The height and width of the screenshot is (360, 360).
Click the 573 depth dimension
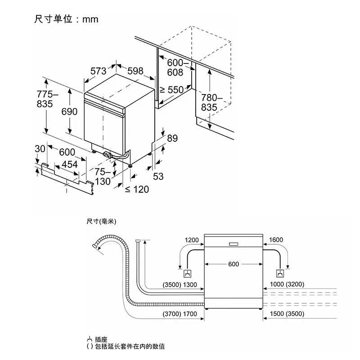[x=98, y=71]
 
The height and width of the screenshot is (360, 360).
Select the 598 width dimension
[x=135, y=71]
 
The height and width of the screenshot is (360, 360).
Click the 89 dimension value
[x=172, y=139]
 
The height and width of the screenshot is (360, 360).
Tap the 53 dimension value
[x=158, y=176]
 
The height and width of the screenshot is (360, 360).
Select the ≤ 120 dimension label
[x=136, y=189]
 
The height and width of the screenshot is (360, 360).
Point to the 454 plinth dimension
[x=69, y=164]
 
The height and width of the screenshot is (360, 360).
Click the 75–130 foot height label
[x=103, y=176]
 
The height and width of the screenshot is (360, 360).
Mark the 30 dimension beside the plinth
[x=40, y=149]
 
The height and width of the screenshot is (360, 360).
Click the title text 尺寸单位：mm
[x=66, y=19]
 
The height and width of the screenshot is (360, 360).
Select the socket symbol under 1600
[x=279, y=274]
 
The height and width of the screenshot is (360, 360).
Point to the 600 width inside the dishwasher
[x=233, y=264]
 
